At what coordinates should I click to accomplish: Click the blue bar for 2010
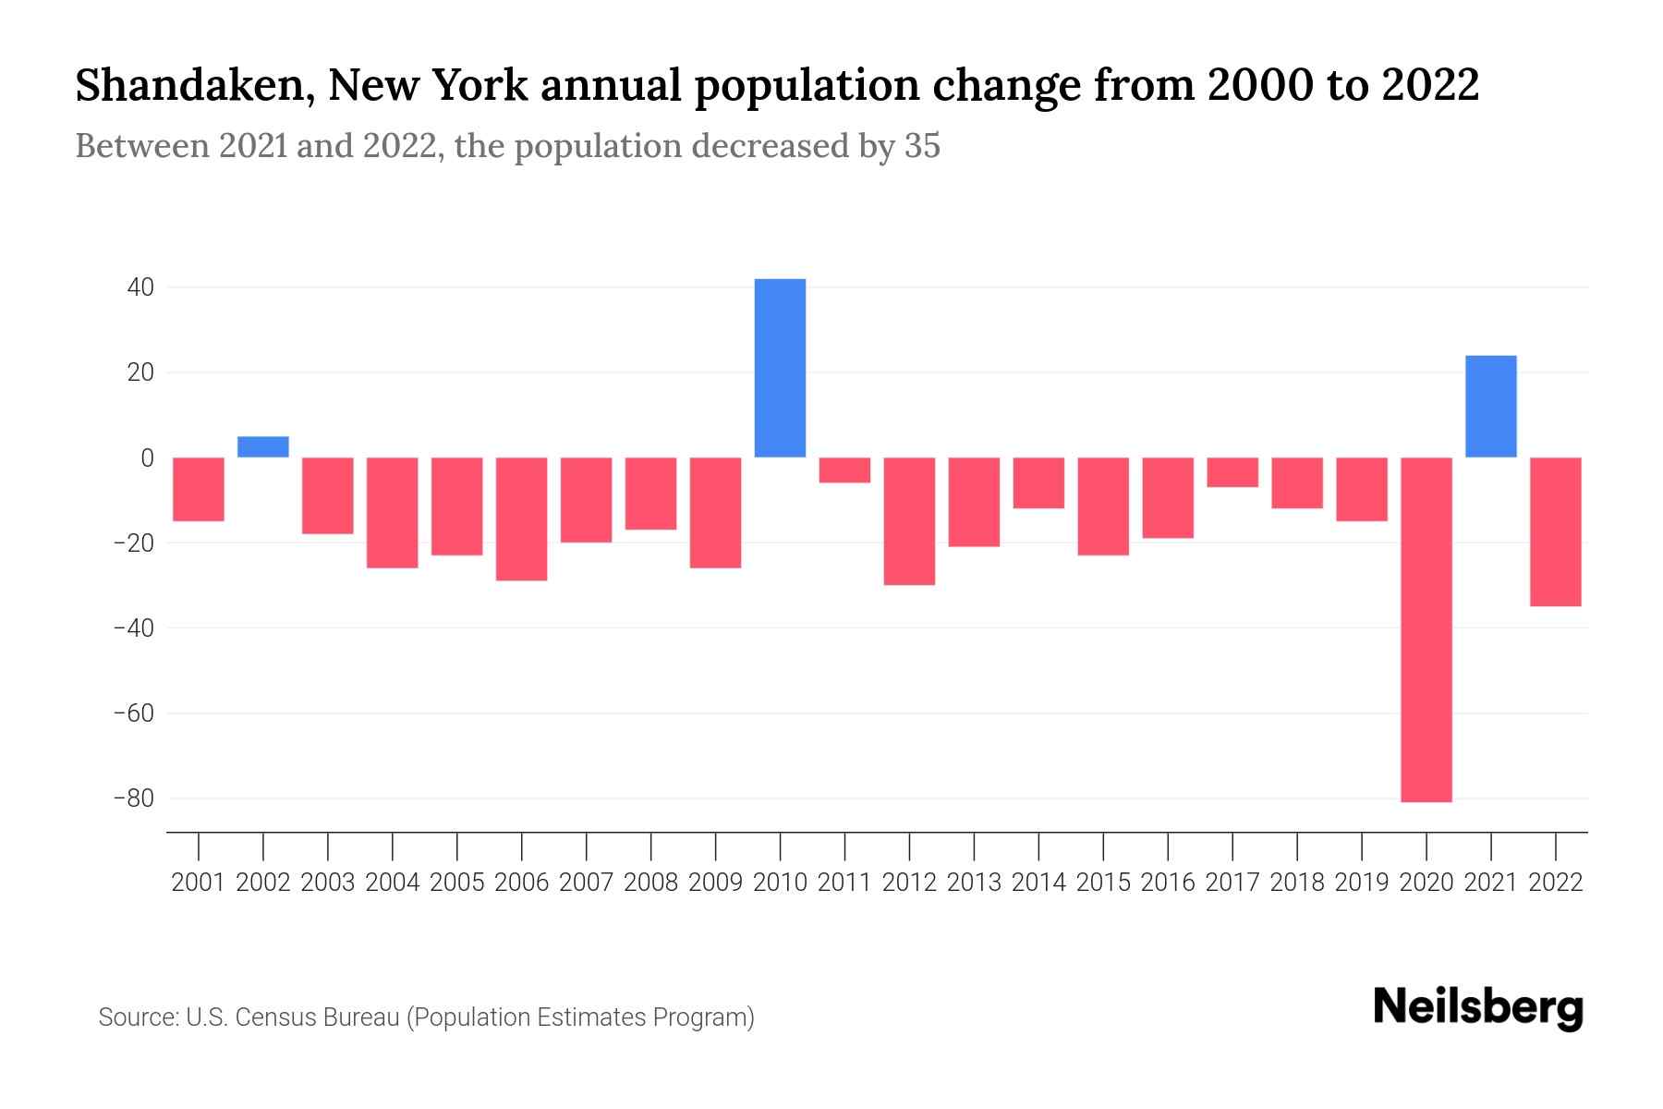pos(780,368)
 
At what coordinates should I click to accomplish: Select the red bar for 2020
pos(1426,628)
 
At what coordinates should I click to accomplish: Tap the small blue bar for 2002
pos(263,447)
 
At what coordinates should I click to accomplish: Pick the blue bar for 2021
pos(1490,407)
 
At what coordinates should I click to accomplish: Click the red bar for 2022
pos(1555,531)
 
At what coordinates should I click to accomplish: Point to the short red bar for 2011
pos(844,469)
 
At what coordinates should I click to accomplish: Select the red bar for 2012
pos(909,521)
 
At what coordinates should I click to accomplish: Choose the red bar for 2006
pos(522,518)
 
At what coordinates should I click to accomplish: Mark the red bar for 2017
pos(1232,472)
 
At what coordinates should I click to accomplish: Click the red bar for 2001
pos(199,489)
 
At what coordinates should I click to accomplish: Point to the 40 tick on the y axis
pos(140,287)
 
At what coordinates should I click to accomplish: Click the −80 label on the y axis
pos(133,798)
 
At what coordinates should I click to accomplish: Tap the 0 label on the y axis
pos(147,458)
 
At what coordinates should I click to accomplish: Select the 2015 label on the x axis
pos(1103,883)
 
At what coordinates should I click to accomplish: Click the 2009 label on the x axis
pos(716,883)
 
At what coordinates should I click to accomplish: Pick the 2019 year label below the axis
pos(1361,883)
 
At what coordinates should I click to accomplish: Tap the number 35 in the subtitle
pos(921,146)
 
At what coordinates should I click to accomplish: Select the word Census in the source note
pos(276,1018)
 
